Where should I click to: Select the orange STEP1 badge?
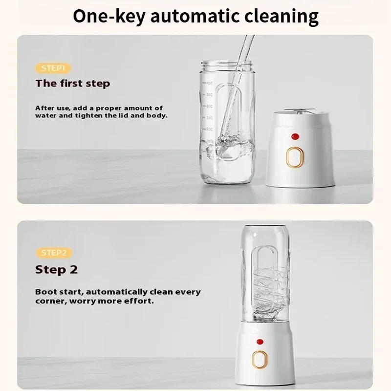click(x=53, y=68)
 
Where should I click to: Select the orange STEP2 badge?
click(x=54, y=253)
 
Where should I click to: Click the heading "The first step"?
click(x=72, y=83)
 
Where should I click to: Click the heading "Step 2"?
click(x=56, y=269)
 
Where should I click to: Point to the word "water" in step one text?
click(x=45, y=116)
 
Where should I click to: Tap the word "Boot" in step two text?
click(x=45, y=292)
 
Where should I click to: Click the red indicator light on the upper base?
click(x=295, y=136)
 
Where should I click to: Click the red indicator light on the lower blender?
click(x=260, y=342)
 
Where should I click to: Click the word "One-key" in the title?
click(x=109, y=16)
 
